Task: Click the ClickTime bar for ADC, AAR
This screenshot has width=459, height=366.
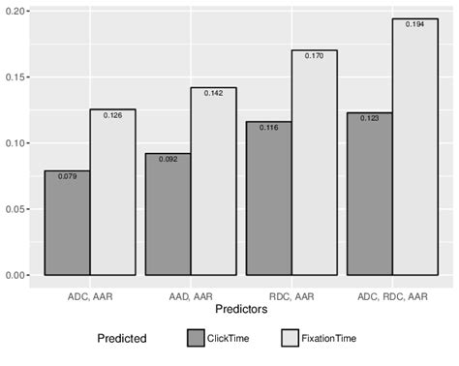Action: pos(68,223)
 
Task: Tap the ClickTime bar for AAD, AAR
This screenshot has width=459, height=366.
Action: pos(168,214)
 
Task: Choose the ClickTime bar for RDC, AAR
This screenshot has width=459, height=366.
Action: pos(268,198)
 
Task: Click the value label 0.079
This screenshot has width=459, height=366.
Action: pos(67,176)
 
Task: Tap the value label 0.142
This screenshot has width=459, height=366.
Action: pos(213,93)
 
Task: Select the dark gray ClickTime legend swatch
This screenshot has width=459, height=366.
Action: pos(199,339)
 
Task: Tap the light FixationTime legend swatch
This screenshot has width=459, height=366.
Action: pos(291,339)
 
